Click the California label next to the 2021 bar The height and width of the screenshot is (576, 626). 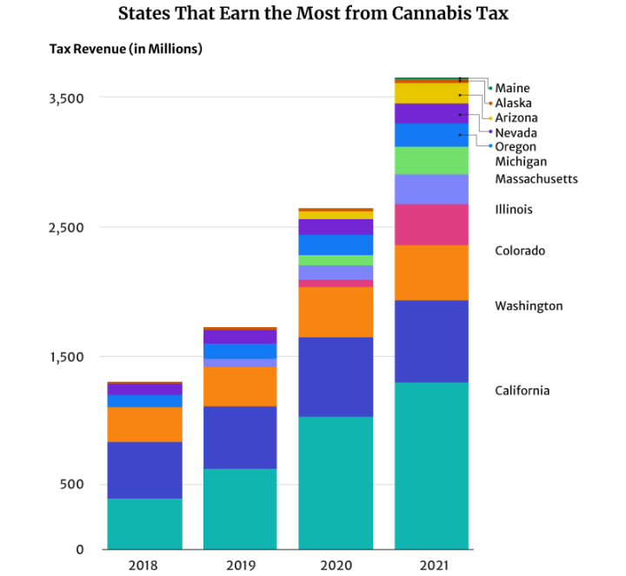(522, 391)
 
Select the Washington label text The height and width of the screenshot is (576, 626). (529, 306)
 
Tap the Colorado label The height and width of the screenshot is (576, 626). (520, 251)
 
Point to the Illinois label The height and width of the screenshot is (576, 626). (513, 209)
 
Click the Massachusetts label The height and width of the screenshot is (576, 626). (536, 178)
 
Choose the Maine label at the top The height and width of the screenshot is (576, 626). (512, 88)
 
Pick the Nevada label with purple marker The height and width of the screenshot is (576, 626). (516, 133)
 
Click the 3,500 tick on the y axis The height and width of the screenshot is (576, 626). (66, 98)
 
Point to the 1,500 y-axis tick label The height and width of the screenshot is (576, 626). (66, 358)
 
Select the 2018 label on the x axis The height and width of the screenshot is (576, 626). (144, 566)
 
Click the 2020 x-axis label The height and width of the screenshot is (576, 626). (336, 566)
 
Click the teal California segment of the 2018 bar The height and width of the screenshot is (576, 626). (144, 523)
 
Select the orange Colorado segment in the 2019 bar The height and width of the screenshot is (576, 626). (240, 386)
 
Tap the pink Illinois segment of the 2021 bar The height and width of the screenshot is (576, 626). (431, 224)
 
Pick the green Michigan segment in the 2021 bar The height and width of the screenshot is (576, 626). (431, 161)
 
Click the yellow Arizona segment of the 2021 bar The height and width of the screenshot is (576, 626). (431, 93)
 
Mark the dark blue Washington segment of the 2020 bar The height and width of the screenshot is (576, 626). (336, 377)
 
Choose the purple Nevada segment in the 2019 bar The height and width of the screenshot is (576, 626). (240, 337)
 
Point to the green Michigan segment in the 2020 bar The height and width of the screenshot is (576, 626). (336, 260)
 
